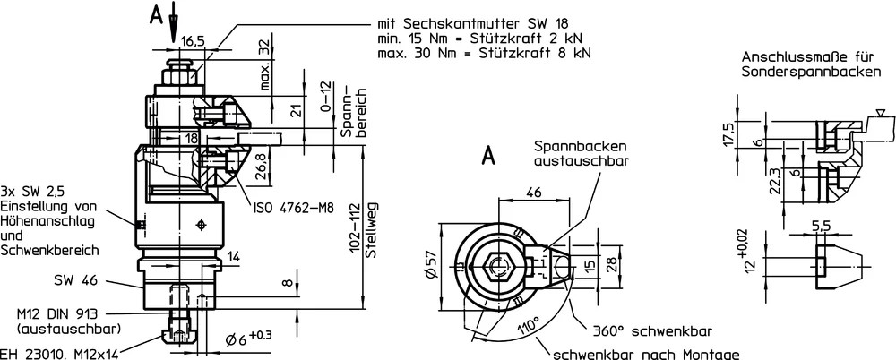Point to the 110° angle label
pos(528,329)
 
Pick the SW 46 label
pos(75,280)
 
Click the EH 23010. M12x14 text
pos(59,355)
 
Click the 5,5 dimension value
pos(821,227)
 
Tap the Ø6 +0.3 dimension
pos(248,339)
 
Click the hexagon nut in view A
pos(497,265)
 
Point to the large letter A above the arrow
pos(155,15)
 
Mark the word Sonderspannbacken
pos(812,73)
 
